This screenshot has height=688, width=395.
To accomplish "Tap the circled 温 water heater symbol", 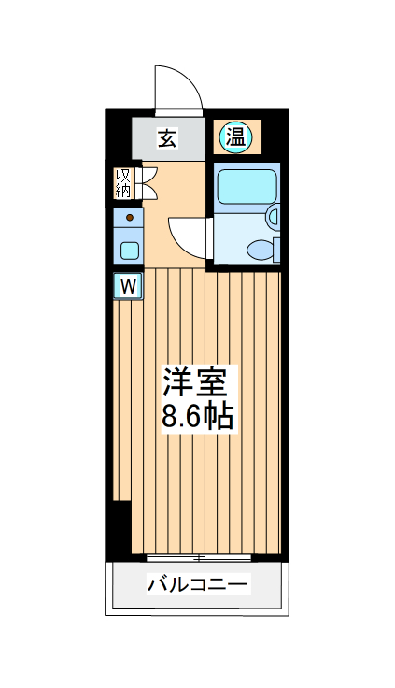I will coord(234,138).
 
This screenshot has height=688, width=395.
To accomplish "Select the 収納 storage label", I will coord(123,182).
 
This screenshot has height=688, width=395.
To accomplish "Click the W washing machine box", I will coord(129,284).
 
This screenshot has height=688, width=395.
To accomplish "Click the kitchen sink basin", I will coord(129,250).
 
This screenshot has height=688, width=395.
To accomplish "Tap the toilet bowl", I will coord(260,249).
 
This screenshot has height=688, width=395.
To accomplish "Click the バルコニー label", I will coord(197,586).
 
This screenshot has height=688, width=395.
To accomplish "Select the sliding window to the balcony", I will coord(199,558).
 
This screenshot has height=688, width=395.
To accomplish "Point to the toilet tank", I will coord(276,249).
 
